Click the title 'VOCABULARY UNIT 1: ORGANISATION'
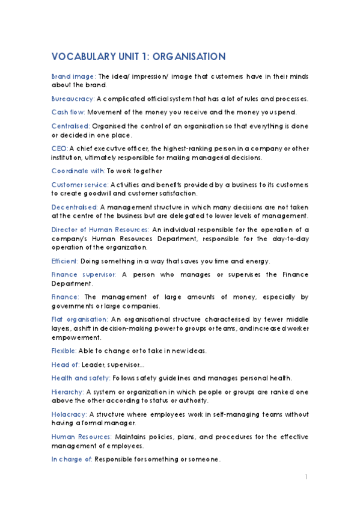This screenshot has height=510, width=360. [x=138, y=57]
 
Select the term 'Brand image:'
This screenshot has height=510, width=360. [x=73, y=76]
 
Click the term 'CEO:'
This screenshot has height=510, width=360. [x=59, y=148]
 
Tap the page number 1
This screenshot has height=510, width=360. [x=306, y=477]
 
